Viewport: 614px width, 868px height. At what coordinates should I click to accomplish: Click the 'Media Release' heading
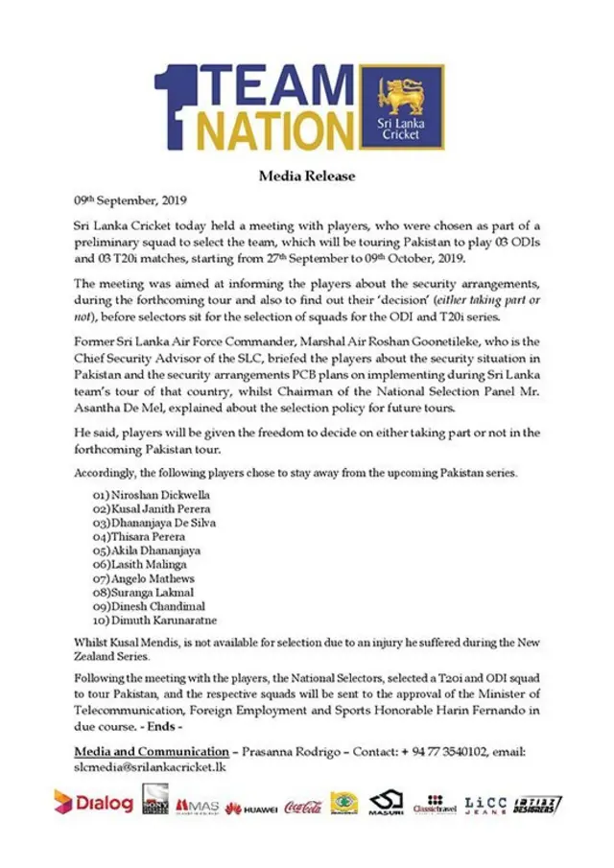pyautogui.click(x=307, y=176)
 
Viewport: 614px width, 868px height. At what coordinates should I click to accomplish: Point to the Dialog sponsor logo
pyautogui.click(x=93, y=802)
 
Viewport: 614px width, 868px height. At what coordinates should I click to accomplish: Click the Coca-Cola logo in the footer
pyautogui.click(x=302, y=808)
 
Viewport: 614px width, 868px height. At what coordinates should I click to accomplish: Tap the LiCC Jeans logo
pyautogui.click(x=485, y=806)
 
